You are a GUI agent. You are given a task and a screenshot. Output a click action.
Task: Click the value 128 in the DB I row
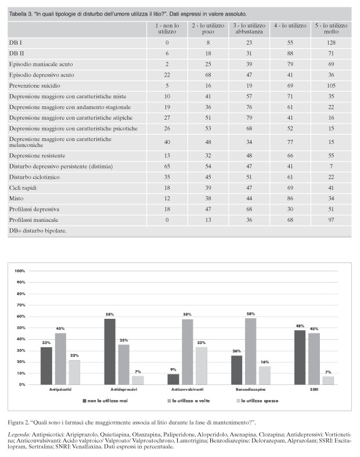coord(331,43)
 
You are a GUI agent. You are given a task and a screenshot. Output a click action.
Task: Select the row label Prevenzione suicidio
coord(35,86)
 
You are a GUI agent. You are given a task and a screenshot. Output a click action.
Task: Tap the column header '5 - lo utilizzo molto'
coord(331,28)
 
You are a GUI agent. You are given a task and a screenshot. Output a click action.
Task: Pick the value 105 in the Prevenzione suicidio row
coord(331,86)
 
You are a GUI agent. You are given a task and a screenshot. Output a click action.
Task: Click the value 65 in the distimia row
coord(167,167)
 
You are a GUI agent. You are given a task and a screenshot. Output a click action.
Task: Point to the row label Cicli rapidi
coord(23,188)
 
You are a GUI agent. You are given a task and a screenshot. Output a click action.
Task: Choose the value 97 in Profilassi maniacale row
coord(331,220)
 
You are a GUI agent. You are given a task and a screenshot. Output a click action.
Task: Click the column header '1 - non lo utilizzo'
coord(167,28)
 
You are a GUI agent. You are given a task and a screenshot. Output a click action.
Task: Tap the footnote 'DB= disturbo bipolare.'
coord(38,231)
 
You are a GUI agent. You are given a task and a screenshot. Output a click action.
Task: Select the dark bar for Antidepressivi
coord(110,351)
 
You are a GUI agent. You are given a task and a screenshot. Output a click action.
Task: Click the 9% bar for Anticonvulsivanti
coord(173,379)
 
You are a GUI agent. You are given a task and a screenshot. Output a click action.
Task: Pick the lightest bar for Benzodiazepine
coord(265,375)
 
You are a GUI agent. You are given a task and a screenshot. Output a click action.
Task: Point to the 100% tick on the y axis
coord(20,271)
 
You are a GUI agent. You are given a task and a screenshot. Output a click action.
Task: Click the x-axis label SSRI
coord(314,390)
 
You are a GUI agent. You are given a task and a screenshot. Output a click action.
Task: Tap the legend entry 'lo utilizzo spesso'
coord(257,401)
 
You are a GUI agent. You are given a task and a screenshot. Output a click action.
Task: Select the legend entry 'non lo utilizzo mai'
coord(105,401)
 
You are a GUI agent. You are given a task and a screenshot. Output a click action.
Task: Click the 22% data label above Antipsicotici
coord(74,355)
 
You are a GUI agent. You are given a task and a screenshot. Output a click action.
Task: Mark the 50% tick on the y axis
coord(21,328)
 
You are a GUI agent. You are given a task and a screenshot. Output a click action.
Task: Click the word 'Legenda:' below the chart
coord(19,435)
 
